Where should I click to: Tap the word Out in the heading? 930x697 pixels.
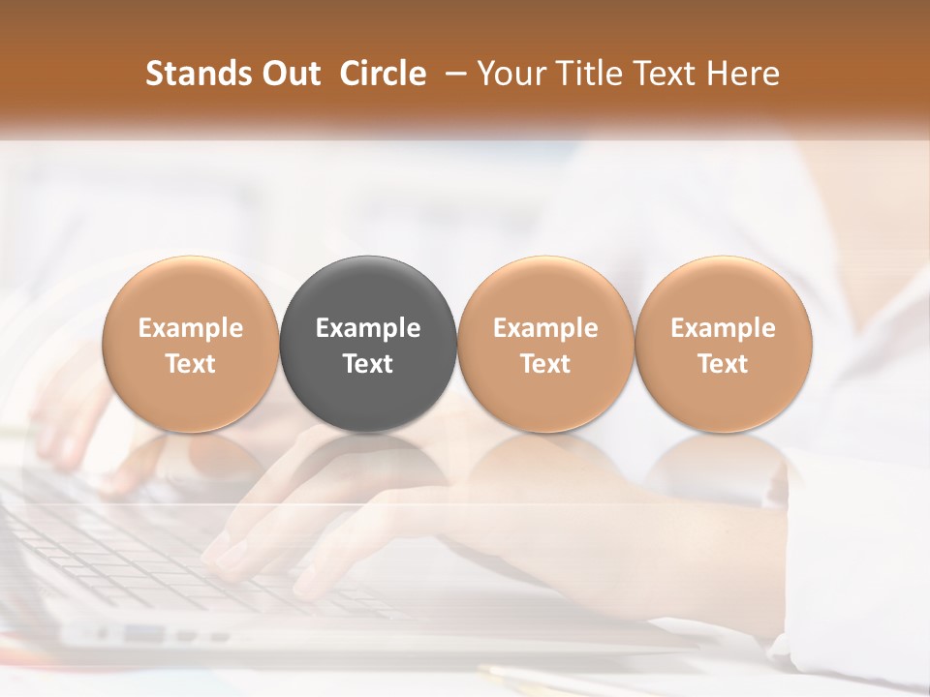click(x=288, y=74)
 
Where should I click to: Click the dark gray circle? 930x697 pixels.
click(x=368, y=290)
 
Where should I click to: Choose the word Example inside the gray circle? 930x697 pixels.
click(x=368, y=328)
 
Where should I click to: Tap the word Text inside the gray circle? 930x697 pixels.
click(x=368, y=364)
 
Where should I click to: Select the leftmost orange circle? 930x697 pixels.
click(x=191, y=290)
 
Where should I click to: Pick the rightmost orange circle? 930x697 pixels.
click(x=724, y=290)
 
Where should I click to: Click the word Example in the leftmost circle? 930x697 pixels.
click(x=191, y=328)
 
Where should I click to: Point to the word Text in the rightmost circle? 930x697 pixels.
click(x=724, y=364)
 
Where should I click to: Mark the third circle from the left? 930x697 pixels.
click(x=545, y=290)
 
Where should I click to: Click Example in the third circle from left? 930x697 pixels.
click(x=545, y=328)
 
